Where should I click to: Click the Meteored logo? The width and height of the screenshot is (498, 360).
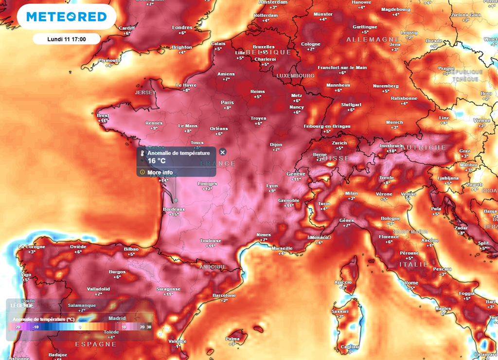pos(67,17)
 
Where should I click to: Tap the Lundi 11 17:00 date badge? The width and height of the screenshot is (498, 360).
pos(67,39)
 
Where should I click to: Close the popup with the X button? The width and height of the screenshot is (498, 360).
pos(222,152)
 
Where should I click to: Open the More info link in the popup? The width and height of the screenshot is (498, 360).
pos(160,172)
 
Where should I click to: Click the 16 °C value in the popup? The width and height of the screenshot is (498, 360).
pos(157,161)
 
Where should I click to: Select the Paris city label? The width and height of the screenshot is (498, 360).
pos(227,103)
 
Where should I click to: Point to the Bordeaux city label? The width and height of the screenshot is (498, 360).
pos(174,209)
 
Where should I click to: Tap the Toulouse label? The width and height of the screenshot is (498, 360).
pos(210,240)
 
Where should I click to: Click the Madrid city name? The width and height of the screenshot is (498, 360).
pos(117,318)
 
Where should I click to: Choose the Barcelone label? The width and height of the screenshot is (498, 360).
pos(224,295)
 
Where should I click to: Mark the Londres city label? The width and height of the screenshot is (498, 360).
pos(182,28)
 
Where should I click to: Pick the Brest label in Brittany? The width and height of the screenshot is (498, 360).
pos(103,115)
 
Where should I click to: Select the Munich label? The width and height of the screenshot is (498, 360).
pos(394,122)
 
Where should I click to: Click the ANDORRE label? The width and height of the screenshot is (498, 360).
pos(213,267)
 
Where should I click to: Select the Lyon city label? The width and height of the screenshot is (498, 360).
pos(272,185)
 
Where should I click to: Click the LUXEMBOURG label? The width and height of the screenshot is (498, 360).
pos(295,76)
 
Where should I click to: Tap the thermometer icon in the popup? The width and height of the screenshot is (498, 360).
pos(142,153)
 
